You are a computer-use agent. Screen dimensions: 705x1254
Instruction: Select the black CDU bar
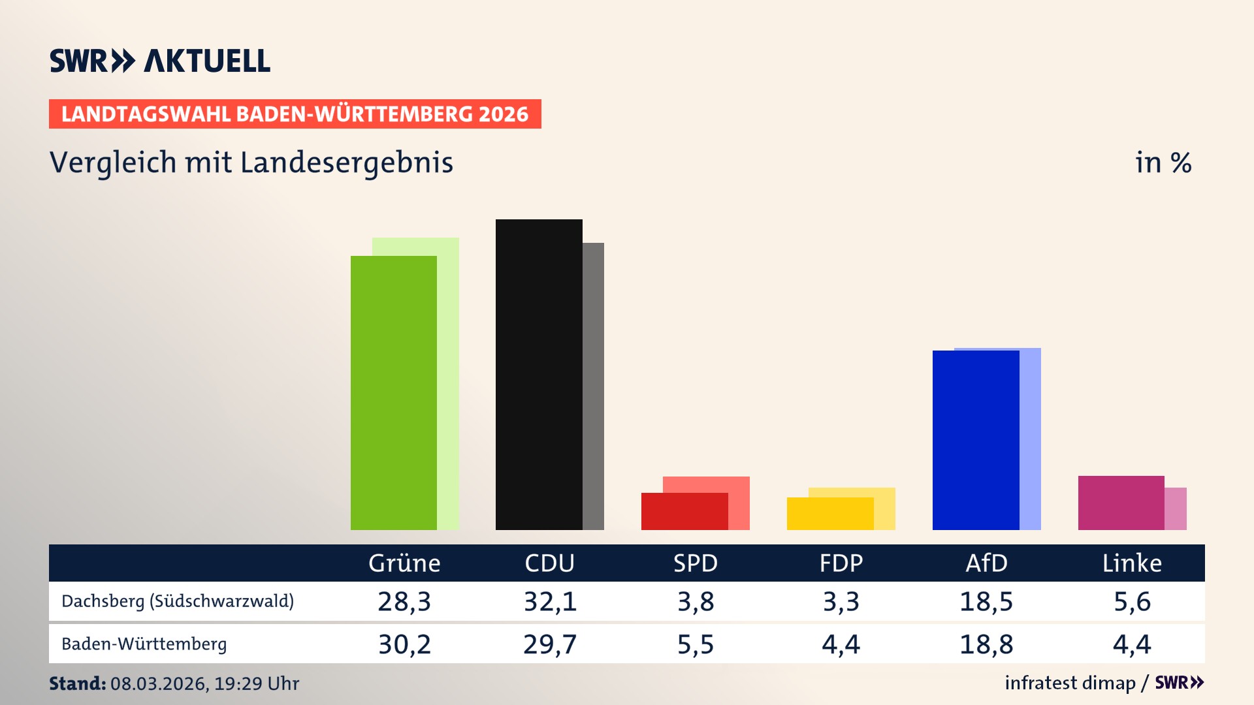pyautogui.click(x=538, y=374)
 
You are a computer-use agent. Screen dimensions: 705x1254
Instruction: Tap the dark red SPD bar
pyautogui.click(x=684, y=511)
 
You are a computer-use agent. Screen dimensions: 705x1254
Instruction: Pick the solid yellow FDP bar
pyautogui.click(x=829, y=514)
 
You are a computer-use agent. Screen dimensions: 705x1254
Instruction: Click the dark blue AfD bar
pyautogui.click(x=975, y=439)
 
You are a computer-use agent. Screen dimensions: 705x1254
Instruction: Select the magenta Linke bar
pyautogui.click(x=1121, y=503)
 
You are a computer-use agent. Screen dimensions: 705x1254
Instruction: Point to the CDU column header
pyautogui.click(x=549, y=563)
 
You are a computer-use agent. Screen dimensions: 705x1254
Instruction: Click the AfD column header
pyautogui.click(x=986, y=563)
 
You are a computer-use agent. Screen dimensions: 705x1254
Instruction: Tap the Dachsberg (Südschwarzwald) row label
pyautogui.click(x=178, y=601)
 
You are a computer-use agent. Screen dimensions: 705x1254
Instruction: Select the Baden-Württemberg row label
pyautogui.click(x=144, y=644)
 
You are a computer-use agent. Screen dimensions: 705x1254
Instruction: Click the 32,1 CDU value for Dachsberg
pyautogui.click(x=550, y=601)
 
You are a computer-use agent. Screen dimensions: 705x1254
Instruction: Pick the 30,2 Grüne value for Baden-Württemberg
pyautogui.click(x=404, y=644)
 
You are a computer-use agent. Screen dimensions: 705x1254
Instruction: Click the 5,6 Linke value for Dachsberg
pyautogui.click(x=1132, y=601)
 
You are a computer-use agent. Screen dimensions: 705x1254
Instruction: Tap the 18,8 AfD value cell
pyautogui.click(x=986, y=644)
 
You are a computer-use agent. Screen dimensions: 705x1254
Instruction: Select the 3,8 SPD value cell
pyautogui.click(x=696, y=601)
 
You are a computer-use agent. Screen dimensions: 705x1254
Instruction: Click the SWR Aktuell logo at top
pyautogui.click(x=160, y=61)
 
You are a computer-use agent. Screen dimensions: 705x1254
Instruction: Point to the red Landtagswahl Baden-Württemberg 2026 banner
pyautogui.click(x=295, y=114)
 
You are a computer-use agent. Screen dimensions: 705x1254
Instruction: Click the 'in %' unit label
pyautogui.click(x=1163, y=163)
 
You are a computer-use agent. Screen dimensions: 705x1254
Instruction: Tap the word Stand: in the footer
pyautogui.click(x=77, y=683)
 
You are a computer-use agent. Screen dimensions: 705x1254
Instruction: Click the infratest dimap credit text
pyautogui.click(x=1070, y=683)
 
